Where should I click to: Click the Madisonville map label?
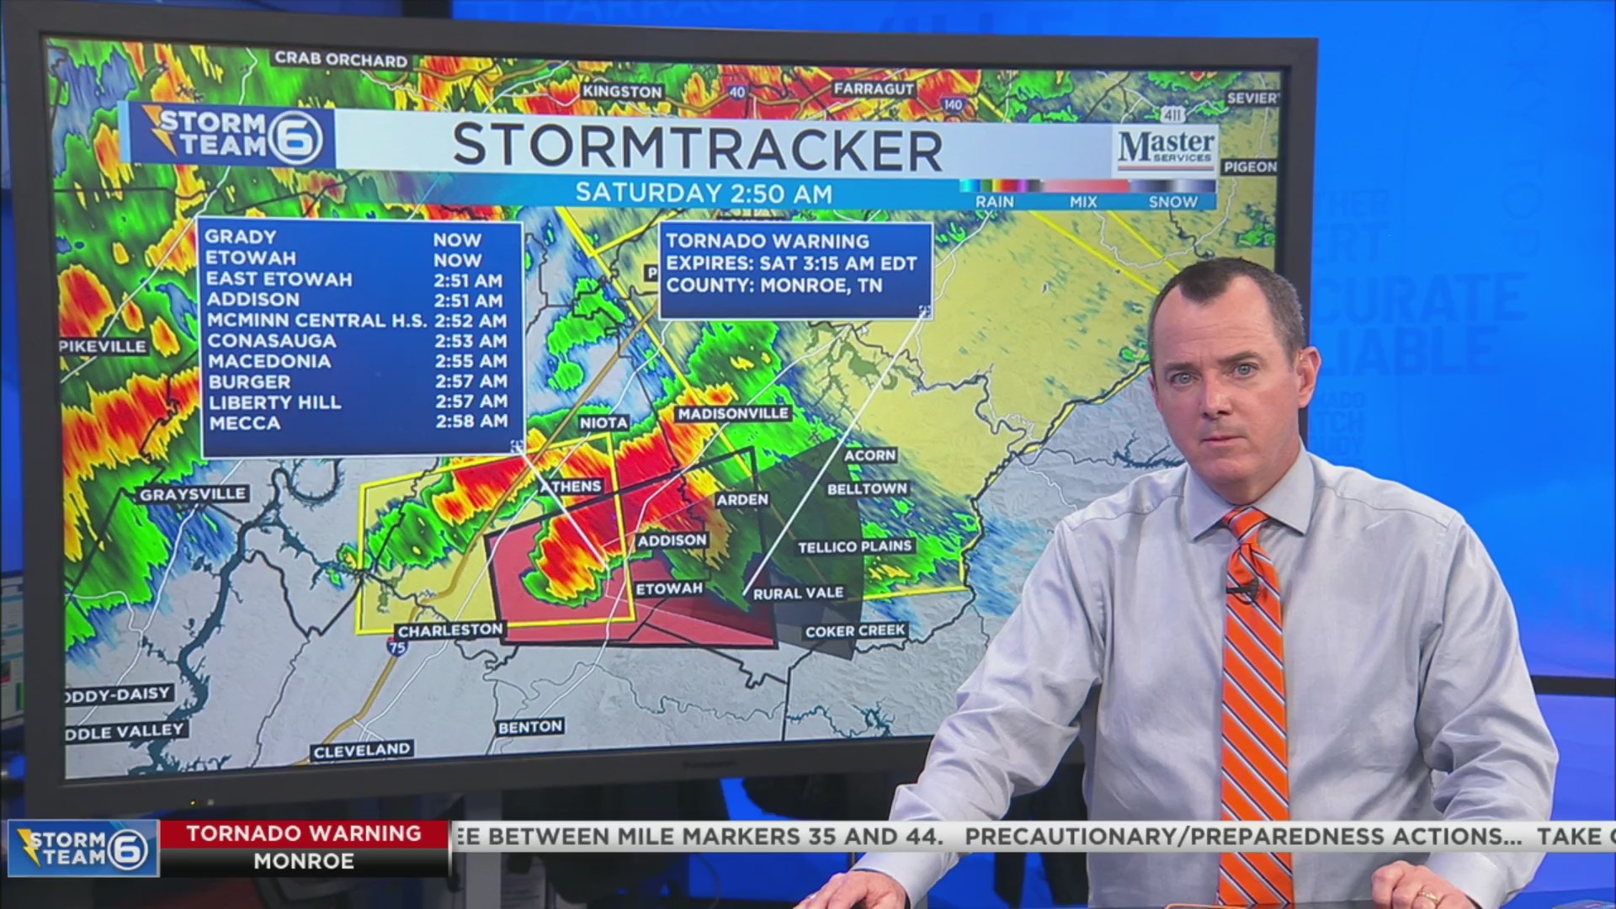click(733, 413)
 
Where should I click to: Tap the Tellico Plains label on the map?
click(854, 547)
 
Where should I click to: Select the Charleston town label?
click(450, 630)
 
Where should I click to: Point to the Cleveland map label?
click(362, 750)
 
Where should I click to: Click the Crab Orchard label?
click(341, 60)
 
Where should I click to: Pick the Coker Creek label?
click(855, 631)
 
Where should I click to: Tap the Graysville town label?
click(193, 494)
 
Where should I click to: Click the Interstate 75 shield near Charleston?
click(397, 646)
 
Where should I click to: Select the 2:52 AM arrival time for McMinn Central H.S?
click(470, 321)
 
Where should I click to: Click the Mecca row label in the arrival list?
click(244, 423)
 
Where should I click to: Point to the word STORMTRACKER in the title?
click(697, 147)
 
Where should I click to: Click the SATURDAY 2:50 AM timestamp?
click(704, 194)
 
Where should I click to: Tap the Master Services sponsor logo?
click(1166, 147)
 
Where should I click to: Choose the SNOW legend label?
click(1172, 202)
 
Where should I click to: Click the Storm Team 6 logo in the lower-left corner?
click(82, 848)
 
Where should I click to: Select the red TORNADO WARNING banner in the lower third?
click(304, 833)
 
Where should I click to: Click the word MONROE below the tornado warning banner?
click(304, 862)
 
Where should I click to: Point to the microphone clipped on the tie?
click(1242, 590)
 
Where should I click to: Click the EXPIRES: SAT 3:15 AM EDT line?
click(791, 263)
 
